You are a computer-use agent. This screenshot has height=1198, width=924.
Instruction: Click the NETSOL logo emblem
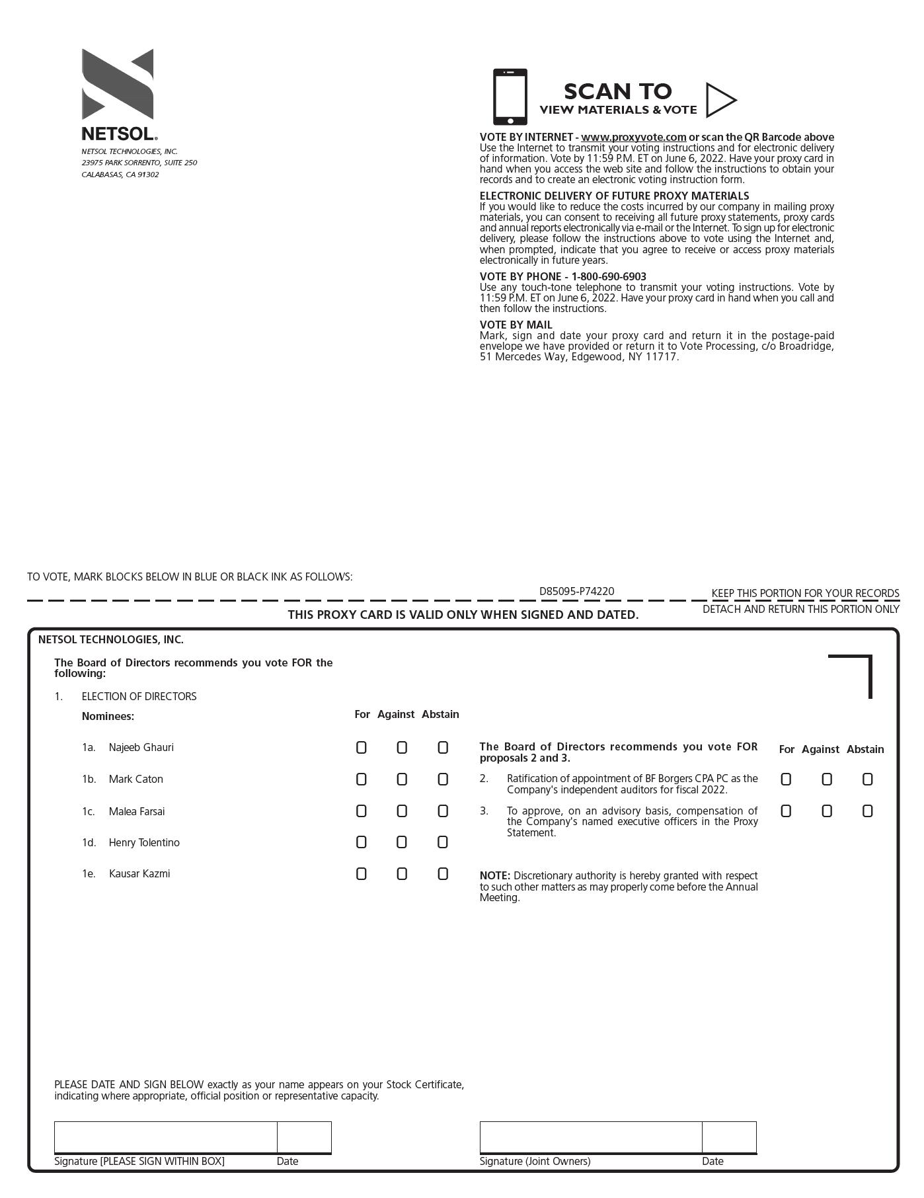[x=118, y=84]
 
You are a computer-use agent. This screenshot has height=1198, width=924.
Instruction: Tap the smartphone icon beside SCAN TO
[x=510, y=97]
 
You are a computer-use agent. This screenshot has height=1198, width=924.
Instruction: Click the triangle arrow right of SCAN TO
[x=720, y=100]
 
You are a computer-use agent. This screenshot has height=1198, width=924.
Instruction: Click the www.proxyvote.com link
[x=633, y=138]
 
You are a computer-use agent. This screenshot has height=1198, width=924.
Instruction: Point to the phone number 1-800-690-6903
[x=609, y=276]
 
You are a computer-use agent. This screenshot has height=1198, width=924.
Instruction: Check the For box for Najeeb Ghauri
[x=361, y=748]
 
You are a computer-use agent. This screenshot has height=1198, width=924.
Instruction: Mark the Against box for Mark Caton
[x=402, y=779]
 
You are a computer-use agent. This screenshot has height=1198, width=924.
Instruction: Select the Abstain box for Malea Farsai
[x=443, y=811]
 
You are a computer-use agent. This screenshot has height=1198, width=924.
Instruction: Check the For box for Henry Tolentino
[x=361, y=842]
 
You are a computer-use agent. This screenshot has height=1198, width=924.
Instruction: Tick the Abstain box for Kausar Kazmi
[x=443, y=874]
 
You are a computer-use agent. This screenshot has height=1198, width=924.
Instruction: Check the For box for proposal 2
[x=785, y=779]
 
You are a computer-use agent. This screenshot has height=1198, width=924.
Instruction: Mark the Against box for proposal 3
[x=826, y=811]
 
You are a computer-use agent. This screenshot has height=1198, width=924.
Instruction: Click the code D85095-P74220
[x=576, y=592]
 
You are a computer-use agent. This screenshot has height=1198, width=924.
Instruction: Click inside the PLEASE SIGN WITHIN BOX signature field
[x=165, y=1137]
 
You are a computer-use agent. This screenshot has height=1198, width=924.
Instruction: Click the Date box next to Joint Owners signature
[x=729, y=1137]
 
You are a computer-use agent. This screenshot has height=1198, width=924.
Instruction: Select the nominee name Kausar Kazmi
[x=139, y=874]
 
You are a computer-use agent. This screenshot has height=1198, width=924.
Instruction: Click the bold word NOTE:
[x=494, y=876]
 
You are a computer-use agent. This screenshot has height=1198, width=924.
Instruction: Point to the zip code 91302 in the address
[x=149, y=175]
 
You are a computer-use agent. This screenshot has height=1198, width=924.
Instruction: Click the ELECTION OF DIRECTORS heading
[x=139, y=697]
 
